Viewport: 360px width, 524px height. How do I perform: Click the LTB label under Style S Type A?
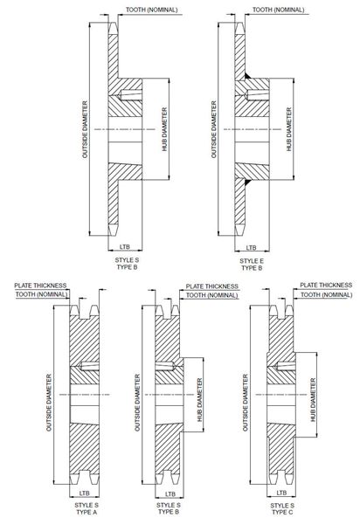click(84, 493)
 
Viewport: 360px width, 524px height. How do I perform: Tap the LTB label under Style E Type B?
click(251, 248)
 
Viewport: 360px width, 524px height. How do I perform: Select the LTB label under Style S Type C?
click(281, 493)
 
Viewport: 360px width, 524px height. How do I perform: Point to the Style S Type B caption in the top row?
click(127, 264)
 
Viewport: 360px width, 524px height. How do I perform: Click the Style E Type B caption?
click(252, 264)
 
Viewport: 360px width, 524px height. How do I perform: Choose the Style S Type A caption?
click(87, 508)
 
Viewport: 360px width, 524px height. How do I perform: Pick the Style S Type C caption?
click(282, 508)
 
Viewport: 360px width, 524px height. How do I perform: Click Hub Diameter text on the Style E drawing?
click(289, 129)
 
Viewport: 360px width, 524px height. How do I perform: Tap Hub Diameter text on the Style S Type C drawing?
click(313, 400)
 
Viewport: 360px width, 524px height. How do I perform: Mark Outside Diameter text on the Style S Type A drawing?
click(49, 403)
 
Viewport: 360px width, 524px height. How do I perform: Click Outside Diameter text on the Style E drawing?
click(213, 129)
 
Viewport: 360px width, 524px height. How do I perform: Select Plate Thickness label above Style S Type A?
click(40, 286)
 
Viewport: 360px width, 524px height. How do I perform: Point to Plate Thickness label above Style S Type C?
click(326, 285)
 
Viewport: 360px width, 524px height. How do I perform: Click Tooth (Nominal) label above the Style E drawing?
click(278, 10)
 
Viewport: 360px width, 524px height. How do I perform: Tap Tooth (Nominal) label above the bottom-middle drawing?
click(212, 295)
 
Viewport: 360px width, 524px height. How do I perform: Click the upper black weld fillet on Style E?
click(248, 76)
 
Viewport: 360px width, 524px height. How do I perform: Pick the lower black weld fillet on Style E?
click(247, 183)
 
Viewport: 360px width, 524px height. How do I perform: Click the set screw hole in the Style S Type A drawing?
click(89, 367)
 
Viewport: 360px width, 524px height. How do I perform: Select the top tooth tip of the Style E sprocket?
click(239, 23)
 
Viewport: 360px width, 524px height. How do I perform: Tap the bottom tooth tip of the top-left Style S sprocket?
click(113, 235)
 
